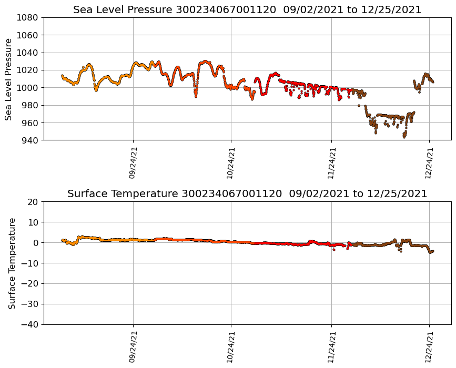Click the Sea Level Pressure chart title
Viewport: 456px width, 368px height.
pos(247,10)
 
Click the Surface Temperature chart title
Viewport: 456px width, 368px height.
pos(247,194)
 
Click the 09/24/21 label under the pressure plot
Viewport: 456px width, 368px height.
pos(133,163)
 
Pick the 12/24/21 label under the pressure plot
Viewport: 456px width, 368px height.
pos(429,163)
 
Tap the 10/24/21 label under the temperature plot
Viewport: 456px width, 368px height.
pos(231,347)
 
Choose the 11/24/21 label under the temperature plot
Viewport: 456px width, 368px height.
pos(331,347)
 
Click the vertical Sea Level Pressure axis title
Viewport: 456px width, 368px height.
pos(9,79)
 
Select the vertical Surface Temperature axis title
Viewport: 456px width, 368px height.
pos(12,263)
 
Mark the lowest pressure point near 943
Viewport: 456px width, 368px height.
pos(404,137)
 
